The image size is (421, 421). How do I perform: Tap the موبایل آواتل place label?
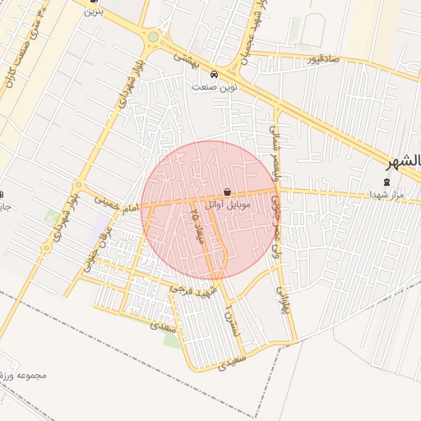coord(227,203)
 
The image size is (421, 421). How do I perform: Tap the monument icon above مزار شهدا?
coord(387,182)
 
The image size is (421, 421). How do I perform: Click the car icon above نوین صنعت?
coord(214,72)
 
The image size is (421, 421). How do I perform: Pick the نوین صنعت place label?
coord(208,86)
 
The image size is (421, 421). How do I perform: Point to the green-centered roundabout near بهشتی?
coord(152,36)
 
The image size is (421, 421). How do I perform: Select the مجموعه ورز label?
coord(25,376)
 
